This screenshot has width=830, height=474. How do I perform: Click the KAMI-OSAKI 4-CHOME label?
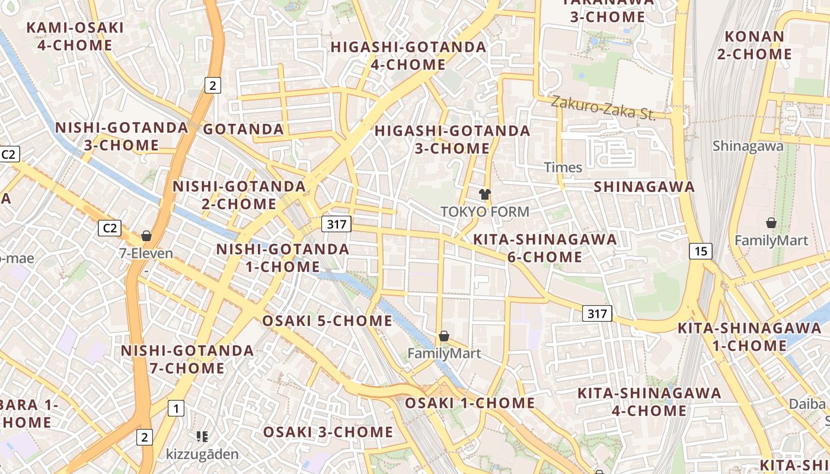tap(75, 36)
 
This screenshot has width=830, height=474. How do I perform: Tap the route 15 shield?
tap(701, 251)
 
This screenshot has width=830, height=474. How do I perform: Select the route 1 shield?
tap(176, 408)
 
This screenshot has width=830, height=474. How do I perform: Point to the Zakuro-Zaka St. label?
tap(604, 108)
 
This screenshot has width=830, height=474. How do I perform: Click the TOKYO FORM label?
tap(485, 212)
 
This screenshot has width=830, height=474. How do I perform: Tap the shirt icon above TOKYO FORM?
tap(485, 194)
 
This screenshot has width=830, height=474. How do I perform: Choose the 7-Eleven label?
tap(146, 254)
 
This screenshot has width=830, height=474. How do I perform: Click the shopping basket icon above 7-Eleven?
tap(146, 236)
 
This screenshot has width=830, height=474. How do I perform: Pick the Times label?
tap(563, 168)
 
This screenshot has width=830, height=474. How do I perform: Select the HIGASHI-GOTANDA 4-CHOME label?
tap(408, 55)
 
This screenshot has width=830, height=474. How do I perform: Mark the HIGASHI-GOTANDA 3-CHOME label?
tap(452, 139)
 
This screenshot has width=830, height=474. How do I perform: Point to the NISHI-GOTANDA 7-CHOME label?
tap(187, 359)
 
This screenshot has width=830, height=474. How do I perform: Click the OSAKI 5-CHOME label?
tap(327, 321)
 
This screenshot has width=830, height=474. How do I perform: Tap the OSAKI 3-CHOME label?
tap(328, 432)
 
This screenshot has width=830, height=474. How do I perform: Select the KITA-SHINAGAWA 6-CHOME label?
tap(545, 248)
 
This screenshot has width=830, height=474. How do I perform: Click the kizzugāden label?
tap(202, 454)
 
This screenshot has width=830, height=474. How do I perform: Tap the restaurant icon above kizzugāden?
tap(202, 437)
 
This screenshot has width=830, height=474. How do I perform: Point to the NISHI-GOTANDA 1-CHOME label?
tap(283, 258)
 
